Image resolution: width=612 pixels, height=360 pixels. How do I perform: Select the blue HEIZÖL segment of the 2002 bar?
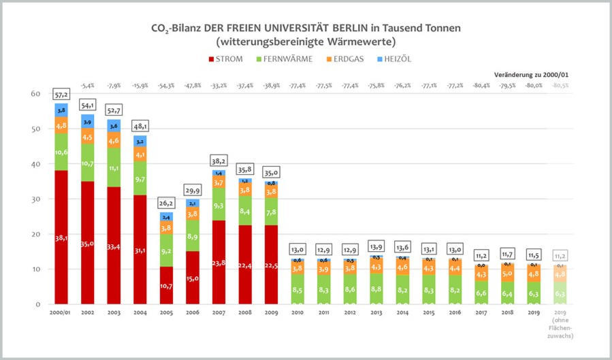pyautogui.click(x=88, y=121)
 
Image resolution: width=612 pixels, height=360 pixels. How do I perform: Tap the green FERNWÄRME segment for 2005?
pyautogui.click(x=167, y=250)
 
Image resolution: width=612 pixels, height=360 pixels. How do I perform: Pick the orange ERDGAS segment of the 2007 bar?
pyautogui.click(x=219, y=183)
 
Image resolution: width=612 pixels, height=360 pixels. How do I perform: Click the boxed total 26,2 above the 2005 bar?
pyautogui.click(x=167, y=202)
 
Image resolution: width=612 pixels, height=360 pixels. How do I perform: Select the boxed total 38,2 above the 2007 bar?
pyautogui.click(x=219, y=160)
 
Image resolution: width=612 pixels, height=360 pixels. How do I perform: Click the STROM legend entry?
pyautogui.click(x=224, y=59)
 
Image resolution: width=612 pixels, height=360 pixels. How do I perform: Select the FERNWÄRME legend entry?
pyautogui.click(x=284, y=59)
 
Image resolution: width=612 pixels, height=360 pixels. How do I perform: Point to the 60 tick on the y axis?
pyautogui.click(x=35, y=94)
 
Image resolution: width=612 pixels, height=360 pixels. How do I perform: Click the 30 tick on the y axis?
pyautogui.click(x=35, y=199)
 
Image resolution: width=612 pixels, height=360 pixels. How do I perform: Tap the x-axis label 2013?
pyautogui.click(x=376, y=314)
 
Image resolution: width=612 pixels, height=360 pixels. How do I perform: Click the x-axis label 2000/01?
pyautogui.click(x=61, y=314)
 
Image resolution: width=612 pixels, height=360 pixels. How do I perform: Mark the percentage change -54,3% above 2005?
pyautogui.click(x=167, y=86)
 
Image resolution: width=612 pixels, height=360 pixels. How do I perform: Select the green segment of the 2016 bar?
pyautogui.click(x=455, y=289)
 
